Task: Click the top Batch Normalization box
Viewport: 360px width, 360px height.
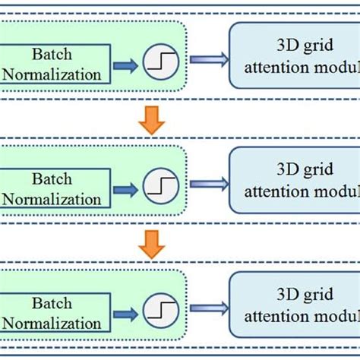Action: [x=55, y=65]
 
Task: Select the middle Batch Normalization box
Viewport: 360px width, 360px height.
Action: [x=55, y=189]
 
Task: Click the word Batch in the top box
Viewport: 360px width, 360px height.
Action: [x=52, y=55]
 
